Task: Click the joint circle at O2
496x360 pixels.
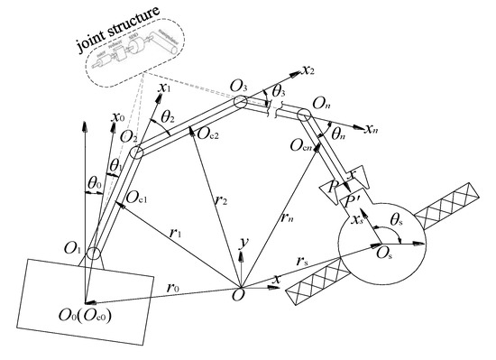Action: pos(136,152)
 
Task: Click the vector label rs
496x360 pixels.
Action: pos(307,262)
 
